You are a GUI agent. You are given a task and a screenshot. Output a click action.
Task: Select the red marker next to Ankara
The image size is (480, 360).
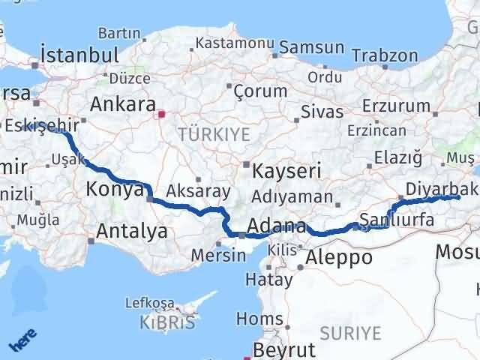point(161,115)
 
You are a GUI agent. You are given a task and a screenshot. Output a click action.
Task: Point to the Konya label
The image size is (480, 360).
point(115,189)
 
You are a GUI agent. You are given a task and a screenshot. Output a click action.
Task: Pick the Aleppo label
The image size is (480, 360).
point(339,257)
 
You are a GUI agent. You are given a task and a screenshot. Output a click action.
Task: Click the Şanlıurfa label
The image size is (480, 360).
point(393,219)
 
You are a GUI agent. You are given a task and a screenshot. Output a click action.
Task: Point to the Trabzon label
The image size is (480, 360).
point(385,55)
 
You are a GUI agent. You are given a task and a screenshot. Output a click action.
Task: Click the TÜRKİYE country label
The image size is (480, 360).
point(202,134)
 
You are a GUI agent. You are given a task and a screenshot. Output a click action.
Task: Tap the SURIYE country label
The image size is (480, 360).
point(351,332)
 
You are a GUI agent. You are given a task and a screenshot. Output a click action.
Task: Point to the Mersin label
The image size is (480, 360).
point(217,255)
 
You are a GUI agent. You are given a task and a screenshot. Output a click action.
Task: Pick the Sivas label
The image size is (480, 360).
point(322,112)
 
